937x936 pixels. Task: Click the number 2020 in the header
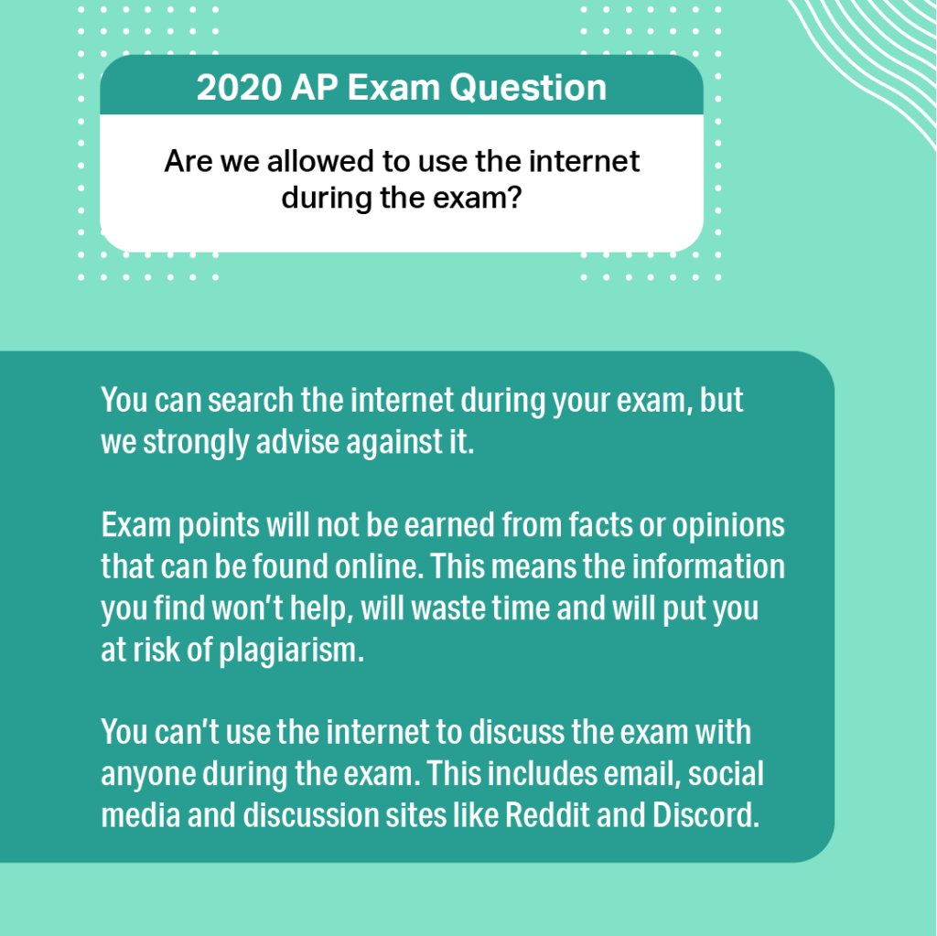pos(232,88)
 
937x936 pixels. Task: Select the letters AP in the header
pos(309,88)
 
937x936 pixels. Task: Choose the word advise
pos(297,442)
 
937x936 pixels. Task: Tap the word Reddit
pos(545,816)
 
